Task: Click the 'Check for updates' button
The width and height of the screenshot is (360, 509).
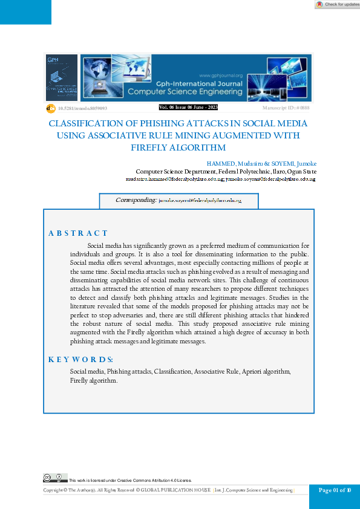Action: coord(338,4)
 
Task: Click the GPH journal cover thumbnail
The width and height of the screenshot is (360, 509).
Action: coord(62,77)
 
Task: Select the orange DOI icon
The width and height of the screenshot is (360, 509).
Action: coord(51,108)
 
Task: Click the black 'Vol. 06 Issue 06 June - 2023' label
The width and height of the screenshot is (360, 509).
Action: coord(188,107)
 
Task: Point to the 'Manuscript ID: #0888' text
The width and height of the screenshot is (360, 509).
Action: coord(287,108)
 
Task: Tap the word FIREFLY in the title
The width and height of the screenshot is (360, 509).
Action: coord(151,148)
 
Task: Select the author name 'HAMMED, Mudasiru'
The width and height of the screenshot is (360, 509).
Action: coord(232,164)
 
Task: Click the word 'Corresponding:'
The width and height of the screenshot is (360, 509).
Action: coord(136,199)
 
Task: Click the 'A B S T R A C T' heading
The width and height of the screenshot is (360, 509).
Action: coord(78,233)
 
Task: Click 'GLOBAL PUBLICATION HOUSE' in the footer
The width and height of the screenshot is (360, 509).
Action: coord(175,490)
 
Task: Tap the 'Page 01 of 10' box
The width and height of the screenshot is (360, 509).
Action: coord(334,490)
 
